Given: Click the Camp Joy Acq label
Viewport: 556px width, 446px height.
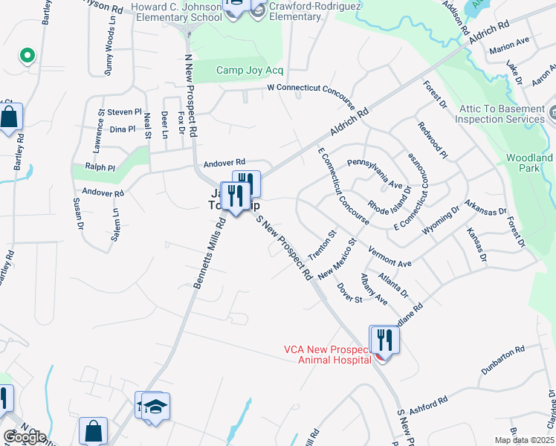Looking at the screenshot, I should pyautogui.click(x=250, y=71).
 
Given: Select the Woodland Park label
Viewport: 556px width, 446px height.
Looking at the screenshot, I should pyautogui.click(x=529, y=164).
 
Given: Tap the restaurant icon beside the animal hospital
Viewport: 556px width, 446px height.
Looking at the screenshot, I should pyautogui.click(x=385, y=340).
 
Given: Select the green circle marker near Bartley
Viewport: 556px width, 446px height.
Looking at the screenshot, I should pyautogui.click(x=27, y=55).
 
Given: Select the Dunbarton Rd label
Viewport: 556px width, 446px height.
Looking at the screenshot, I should pyautogui.click(x=502, y=358).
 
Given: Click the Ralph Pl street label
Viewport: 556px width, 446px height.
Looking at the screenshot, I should pyautogui.click(x=100, y=168).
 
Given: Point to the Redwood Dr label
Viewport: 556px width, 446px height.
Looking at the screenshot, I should pyautogui.click(x=433, y=140).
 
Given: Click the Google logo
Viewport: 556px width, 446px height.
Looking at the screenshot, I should pyautogui.click(x=24, y=437).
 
